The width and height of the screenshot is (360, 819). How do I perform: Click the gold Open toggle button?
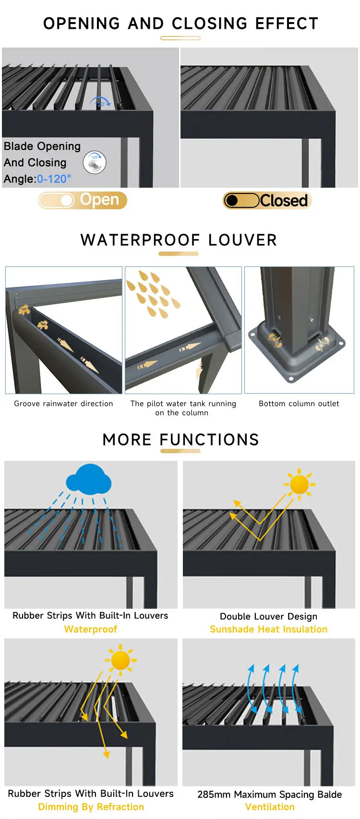click(x=83, y=200)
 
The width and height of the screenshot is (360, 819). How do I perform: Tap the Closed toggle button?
click(x=267, y=200)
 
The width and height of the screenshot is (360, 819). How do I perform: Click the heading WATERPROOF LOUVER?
click(x=179, y=240)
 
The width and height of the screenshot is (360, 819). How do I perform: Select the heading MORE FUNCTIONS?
click(x=180, y=439)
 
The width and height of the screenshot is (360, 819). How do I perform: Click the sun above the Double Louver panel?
click(x=300, y=484)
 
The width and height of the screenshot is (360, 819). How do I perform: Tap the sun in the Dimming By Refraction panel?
click(x=120, y=660)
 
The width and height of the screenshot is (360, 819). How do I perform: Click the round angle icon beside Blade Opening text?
click(x=95, y=162)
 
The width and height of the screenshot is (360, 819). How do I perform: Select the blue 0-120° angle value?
click(x=54, y=179)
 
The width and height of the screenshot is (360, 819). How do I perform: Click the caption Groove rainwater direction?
click(x=63, y=404)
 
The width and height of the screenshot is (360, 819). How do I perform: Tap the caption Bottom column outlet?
click(x=299, y=404)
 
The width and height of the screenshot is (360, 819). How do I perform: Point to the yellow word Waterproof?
click(x=91, y=629)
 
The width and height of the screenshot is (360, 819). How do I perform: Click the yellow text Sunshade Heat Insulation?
click(x=269, y=629)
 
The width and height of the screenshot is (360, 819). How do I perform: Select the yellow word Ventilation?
click(x=270, y=807)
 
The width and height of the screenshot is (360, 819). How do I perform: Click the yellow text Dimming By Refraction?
click(x=91, y=807)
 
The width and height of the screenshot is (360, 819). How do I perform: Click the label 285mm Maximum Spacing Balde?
click(x=270, y=794)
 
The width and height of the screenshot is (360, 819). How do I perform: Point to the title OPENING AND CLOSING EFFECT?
click(x=180, y=24)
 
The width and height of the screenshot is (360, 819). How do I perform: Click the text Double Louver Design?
click(x=269, y=616)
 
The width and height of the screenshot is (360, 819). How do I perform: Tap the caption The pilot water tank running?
click(x=183, y=404)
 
